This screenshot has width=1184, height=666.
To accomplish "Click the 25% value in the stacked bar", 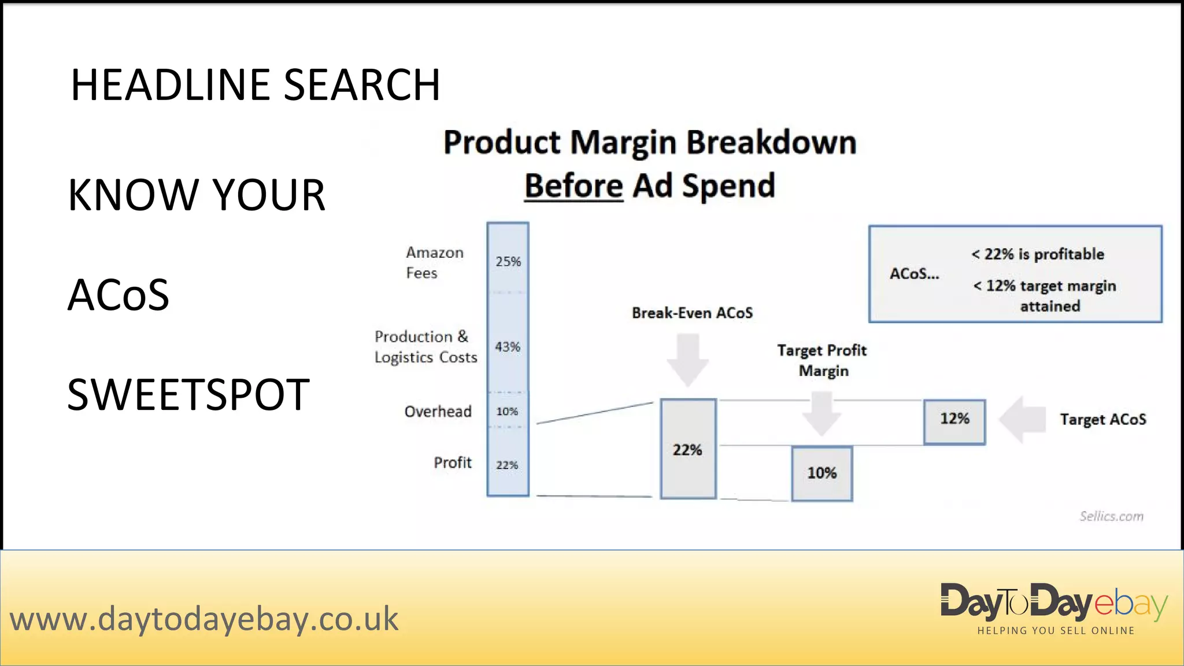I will pyautogui.click(x=508, y=261).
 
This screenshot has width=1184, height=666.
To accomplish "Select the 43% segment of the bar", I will pyautogui.click(x=508, y=347).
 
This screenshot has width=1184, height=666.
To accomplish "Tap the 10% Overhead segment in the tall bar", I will pyautogui.click(x=507, y=411).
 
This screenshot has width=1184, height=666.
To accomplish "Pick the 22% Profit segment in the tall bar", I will pyautogui.click(x=507, y=465).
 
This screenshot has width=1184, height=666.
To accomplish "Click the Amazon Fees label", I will pyautogui.click(x=434, y=262).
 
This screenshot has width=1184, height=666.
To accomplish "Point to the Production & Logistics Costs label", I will pyautogui.click(x=425, y=347).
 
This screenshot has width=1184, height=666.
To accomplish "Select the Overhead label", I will pyautogui.click(x=438, y=412).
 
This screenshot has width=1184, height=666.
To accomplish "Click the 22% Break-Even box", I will pyautogui.click(x=688, y=449).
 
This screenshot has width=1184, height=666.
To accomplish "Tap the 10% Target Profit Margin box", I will pyautogui.click(x=822, y=473).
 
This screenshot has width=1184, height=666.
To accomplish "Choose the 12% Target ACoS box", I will pyautogui.click(x=954, y=419).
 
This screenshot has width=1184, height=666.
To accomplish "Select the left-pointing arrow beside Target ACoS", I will pyautogui.click(x=1022, y=419).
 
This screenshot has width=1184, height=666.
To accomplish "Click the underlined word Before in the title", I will pyautogui.click(x=573, y=186).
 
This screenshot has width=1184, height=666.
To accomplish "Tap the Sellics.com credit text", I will pyautogui.click(x=1111, y=516).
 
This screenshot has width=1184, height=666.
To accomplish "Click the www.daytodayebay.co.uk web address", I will pyautogui.click(x=204, y=619).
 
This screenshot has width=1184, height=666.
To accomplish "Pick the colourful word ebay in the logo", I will pyautogui.click(x=1130, y=604).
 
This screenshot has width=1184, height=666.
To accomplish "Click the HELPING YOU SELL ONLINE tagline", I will pyautogui.click(x=1056, y=631).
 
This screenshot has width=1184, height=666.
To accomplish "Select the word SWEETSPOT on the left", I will pyautogui.click(x=188, y=395).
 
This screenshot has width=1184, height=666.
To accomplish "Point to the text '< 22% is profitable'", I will pyautogui.click(x=1038, y=254).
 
